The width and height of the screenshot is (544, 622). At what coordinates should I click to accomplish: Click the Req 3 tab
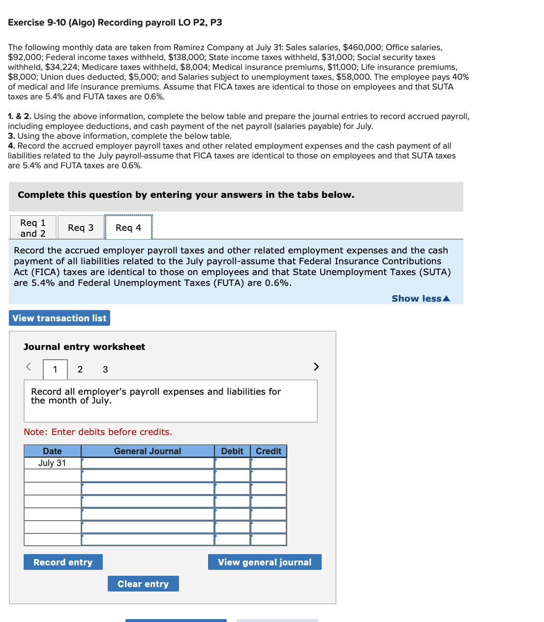[81, 227]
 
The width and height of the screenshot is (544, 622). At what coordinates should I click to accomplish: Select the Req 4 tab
[128, 227]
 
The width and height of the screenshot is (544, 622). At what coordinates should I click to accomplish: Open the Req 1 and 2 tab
[33, 228]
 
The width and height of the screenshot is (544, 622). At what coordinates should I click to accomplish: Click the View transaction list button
[60, 318]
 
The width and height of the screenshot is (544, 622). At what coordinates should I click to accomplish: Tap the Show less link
[421, 299]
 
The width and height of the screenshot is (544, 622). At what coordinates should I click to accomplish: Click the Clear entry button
[143, 584]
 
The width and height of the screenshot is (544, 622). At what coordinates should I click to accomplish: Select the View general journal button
[265, 562]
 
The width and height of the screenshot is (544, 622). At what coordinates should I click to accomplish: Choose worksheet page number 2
[80, 370]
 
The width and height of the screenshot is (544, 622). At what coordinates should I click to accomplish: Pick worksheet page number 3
[105, 370]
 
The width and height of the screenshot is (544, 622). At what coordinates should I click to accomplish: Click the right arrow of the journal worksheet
[316, 367]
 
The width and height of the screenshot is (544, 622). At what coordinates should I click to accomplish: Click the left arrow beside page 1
[29, 367]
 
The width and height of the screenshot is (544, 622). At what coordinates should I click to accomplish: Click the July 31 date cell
[52, 463]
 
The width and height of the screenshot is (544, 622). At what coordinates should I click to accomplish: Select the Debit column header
[232, 451]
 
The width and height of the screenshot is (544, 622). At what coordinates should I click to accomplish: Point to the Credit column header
[269, 451]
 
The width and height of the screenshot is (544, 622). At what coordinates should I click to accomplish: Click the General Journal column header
[148, 451]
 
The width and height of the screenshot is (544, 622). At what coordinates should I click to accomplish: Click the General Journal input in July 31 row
[148, 463]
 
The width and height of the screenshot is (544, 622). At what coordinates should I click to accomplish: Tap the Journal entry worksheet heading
[84, 347]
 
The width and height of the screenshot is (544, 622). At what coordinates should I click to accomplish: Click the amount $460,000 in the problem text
[362, 47]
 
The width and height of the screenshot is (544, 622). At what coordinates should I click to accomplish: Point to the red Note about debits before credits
[98, 432]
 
